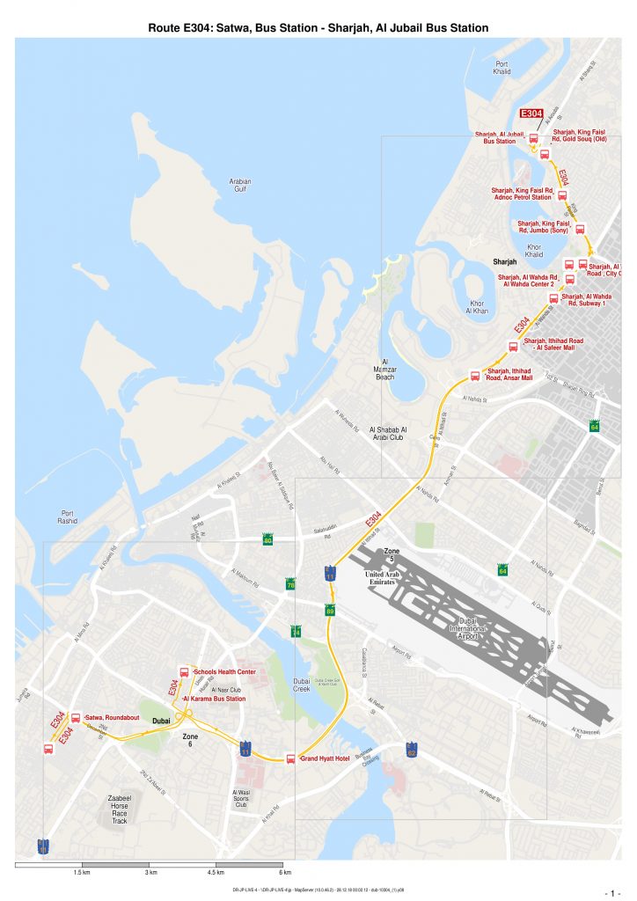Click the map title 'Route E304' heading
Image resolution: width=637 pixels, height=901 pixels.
[318, 28]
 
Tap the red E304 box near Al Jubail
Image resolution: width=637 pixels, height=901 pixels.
[531, 114]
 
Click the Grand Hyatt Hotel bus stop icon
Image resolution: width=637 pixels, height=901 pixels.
[290, 758]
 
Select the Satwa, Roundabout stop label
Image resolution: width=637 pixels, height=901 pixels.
[113, 718]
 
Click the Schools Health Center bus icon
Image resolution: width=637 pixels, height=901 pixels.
[184, 672]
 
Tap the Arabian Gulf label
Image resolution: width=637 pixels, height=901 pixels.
[240, 185]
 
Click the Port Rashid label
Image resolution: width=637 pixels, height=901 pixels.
[67, 516]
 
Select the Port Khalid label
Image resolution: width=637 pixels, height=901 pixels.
[502, 68]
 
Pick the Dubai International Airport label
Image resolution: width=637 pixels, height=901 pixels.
[475, 629]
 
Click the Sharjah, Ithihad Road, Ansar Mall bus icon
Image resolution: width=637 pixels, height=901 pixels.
[475, 376]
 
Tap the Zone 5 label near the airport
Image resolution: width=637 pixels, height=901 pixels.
[392, 554]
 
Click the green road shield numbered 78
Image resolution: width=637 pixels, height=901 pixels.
[290, 585]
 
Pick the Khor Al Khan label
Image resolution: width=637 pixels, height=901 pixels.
[476, 307]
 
